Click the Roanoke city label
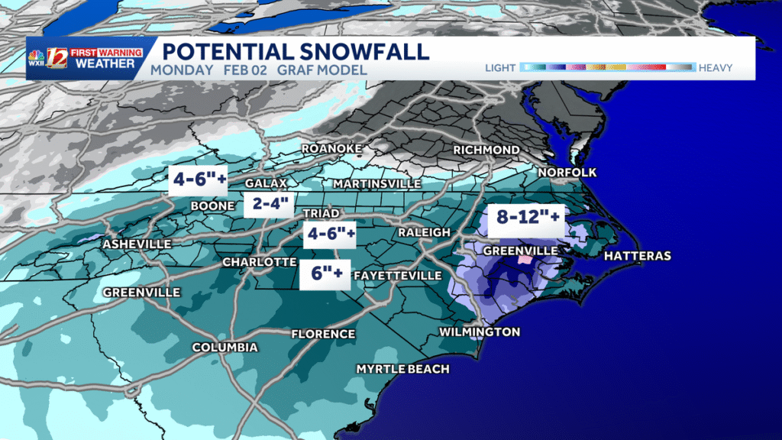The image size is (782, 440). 331,148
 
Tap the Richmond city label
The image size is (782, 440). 486,150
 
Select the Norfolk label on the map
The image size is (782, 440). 567,172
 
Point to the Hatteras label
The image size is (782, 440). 638,256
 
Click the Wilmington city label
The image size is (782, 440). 479,332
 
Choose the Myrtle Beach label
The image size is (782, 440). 402,369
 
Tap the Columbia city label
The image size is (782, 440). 225,348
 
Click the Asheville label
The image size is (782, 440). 137,244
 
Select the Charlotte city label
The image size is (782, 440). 259,262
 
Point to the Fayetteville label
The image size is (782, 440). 397,275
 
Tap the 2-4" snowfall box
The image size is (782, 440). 267,204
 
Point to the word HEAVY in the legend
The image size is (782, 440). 714,68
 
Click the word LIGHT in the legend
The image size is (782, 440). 500,68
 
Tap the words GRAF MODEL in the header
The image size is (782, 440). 331,70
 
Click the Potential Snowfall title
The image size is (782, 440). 296,51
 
